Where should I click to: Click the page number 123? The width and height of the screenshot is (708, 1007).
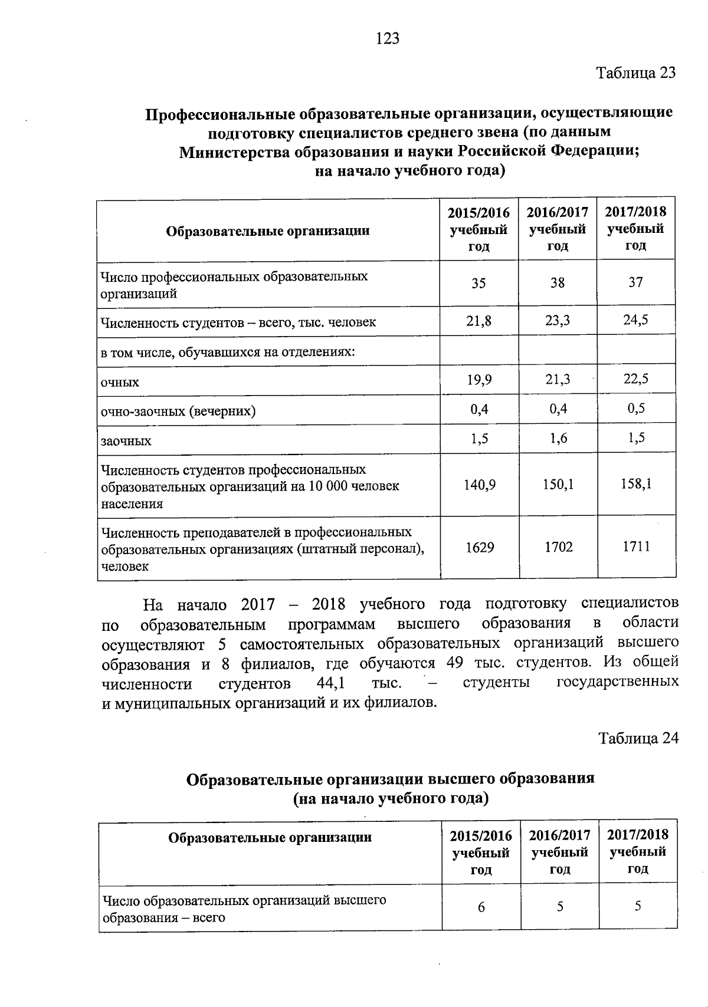tap(388, 39)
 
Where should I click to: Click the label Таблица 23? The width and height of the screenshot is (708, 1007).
tap(635, 73)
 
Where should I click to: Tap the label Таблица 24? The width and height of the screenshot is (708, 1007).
tap(638, 738)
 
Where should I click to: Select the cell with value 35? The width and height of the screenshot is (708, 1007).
tap(478, 283)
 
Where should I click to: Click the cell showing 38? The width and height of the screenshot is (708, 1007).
tap(558, 283)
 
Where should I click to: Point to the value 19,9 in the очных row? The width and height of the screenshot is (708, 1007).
tap(479, 380)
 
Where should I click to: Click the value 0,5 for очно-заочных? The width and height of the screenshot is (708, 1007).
tap(636, 409)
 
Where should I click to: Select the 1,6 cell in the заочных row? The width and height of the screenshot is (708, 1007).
tap(558, 438)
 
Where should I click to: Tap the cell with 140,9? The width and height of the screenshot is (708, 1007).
tap(479, 485)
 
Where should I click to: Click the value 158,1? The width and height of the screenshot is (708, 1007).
tap(636, 485)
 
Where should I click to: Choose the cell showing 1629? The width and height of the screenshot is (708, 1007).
tap(479, 547)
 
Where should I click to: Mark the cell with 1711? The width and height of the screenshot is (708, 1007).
tap(636, 547)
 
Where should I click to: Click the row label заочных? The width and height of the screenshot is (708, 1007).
tap(126, 441)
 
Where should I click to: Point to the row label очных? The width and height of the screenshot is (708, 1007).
tap(120, 383)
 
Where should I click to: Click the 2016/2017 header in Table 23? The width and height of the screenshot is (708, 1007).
tap(558, 229)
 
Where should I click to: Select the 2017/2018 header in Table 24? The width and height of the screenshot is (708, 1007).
tap(638, 851)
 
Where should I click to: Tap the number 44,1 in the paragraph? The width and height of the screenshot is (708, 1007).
tap(330, 683)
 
